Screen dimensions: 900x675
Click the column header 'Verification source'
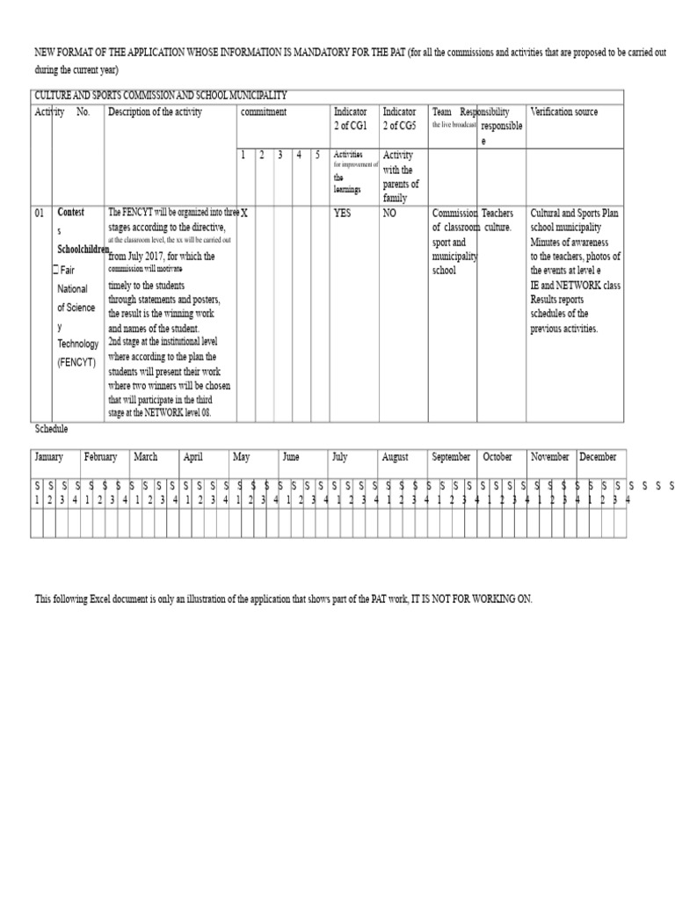point(564,112)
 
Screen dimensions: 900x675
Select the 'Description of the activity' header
point(155,112)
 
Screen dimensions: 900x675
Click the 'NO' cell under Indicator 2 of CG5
point(388,213)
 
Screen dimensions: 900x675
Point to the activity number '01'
point(40,213)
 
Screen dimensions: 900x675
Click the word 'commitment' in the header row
point(264,112)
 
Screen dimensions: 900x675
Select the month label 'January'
point(49,457)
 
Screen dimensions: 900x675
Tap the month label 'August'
point(396,457)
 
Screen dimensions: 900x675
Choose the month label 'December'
point(598,457)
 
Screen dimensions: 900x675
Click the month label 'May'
point(242,457)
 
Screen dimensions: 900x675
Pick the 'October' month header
point(497,457)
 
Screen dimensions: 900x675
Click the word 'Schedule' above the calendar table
point(51,429)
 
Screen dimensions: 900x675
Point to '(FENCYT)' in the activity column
point(77,361)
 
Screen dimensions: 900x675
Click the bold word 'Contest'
point(71,213)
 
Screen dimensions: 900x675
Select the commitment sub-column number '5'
point(317,156)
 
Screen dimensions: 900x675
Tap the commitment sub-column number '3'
point(279,156)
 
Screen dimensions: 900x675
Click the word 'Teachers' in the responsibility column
point(498,213)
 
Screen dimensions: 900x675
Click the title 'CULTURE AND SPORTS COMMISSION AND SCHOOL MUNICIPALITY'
point(160,95)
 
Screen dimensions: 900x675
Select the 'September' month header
point(452,457)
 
